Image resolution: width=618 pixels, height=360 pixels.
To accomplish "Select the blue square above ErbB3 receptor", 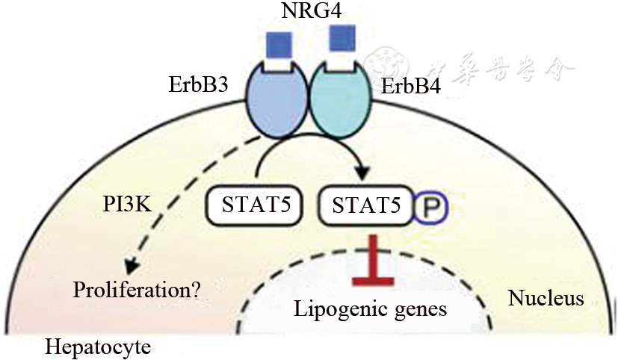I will point(279,46).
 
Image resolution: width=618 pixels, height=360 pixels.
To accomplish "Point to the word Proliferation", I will point(128,288).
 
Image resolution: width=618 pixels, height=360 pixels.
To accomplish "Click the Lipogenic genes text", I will point(371,308).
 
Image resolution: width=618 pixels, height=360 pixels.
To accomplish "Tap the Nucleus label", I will point(546,300).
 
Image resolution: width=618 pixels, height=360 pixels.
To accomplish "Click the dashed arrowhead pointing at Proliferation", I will point(133,265).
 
